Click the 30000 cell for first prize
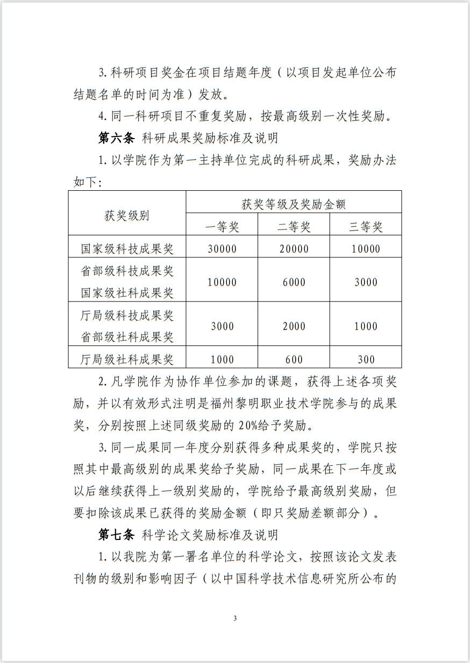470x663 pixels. click(x=222, y=249)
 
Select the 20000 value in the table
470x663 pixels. click(x=294, y=249)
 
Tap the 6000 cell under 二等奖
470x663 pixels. click(x=294, y=282)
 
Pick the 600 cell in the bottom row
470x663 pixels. click(x=294, y=359)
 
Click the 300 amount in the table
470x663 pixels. click(x=366, y=359)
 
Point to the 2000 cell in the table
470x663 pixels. click(x=294, y=326)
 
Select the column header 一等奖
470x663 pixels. click(x=222, y=227)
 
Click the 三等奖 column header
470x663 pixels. click(x=366, y=227)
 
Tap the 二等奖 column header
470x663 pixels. click(x=294, y=227)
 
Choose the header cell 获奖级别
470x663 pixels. click(x=127, y=215)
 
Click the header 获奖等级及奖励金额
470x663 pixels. click(x=294, y=204)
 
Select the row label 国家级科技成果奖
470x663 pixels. click(x=127, y=249)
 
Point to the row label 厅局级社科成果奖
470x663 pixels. click(x=127, y=359)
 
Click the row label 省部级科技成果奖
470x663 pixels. click(x=127, y=271)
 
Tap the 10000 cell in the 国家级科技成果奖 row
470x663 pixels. click(x=366, y=249)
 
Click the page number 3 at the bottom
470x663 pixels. click(x=235, y=618)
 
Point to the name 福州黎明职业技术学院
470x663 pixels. click(x=276, y=404)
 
